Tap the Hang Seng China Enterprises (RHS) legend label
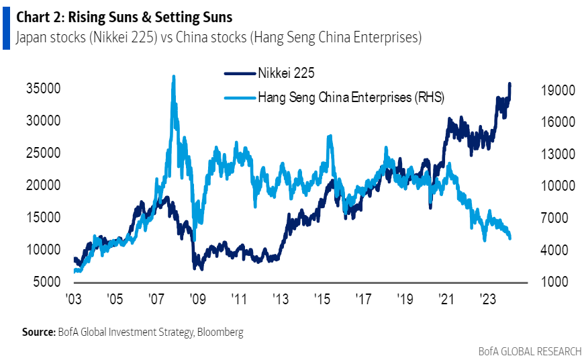point(351,97)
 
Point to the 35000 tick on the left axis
point(44,89)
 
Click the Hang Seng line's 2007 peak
point(174,77)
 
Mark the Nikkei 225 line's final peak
point(510,84)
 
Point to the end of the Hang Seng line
point(510,238)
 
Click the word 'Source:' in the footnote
point(38,332)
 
